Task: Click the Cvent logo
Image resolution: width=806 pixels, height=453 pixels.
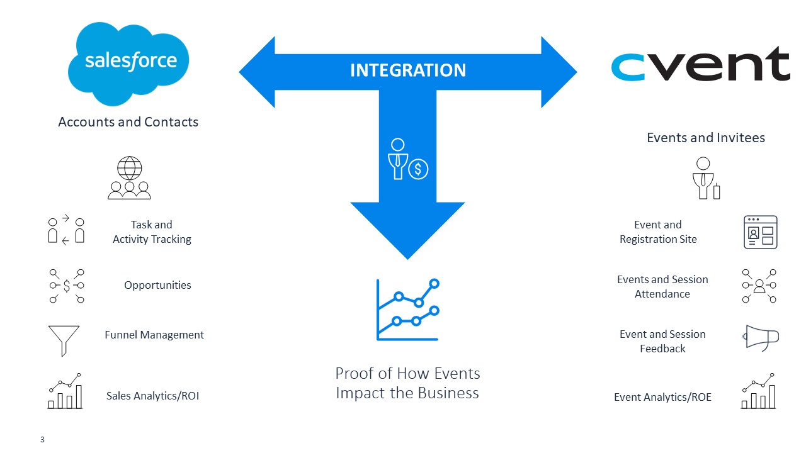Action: click(700, 65)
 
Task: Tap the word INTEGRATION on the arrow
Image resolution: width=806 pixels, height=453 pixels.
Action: click(407, 70)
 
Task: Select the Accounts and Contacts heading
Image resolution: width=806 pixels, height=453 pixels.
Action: click(128, 122)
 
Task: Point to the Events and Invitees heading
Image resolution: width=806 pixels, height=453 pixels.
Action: click(705, 138)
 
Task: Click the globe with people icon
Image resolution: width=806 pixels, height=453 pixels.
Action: click(129, 178)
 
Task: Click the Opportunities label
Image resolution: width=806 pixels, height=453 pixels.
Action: click(157, 285)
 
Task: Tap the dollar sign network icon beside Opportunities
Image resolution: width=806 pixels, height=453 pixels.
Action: click(66, 286)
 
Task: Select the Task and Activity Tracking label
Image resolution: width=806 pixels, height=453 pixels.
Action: click(152, 232)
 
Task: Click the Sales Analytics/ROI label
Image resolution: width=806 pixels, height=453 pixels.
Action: click(152, 396)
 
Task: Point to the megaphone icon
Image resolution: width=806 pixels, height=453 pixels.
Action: click(761, 338)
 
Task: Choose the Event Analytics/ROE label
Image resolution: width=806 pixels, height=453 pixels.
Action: click(662, 397)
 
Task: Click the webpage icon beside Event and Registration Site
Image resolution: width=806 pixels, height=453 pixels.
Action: click(760, 232)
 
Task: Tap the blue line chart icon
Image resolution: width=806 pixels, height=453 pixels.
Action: click(407, 310)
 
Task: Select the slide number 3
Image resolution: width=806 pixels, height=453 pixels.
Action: click(42, 440)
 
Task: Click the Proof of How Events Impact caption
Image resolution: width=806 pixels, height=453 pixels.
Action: click(407, 383)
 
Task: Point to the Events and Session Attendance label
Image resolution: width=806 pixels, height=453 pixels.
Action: click(662, 286)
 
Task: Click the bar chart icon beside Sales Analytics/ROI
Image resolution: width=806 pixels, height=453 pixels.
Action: click(65, 391)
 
